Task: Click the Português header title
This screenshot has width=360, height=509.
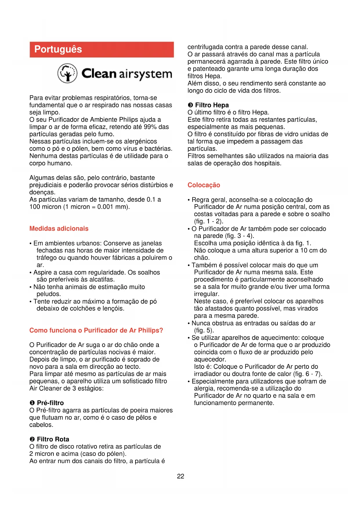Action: click(58, 49)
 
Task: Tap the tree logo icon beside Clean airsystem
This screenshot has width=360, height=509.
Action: click(67, 73)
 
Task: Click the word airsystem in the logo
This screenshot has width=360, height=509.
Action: click(145, 74)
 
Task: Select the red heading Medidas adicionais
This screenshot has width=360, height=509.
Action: click(59, 229)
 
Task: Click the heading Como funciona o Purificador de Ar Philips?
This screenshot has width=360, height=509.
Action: click(96, 331)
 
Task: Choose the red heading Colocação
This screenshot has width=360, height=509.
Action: click(204, 185)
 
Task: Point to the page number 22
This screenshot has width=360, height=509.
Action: click(180, 476)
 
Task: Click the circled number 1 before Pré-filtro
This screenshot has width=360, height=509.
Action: click(32, 403)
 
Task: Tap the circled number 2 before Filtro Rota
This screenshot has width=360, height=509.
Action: click(32, 439)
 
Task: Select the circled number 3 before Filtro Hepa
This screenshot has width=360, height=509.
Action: click(190, 105)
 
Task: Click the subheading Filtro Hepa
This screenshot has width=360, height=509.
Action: click(212, 105)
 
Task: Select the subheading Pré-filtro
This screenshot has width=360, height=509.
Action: click(50, 403)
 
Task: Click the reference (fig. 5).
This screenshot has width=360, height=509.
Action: click(204, 331)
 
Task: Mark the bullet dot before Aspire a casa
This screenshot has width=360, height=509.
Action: click(30, 273)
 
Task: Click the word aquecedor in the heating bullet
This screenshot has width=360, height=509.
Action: click(209, 360)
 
